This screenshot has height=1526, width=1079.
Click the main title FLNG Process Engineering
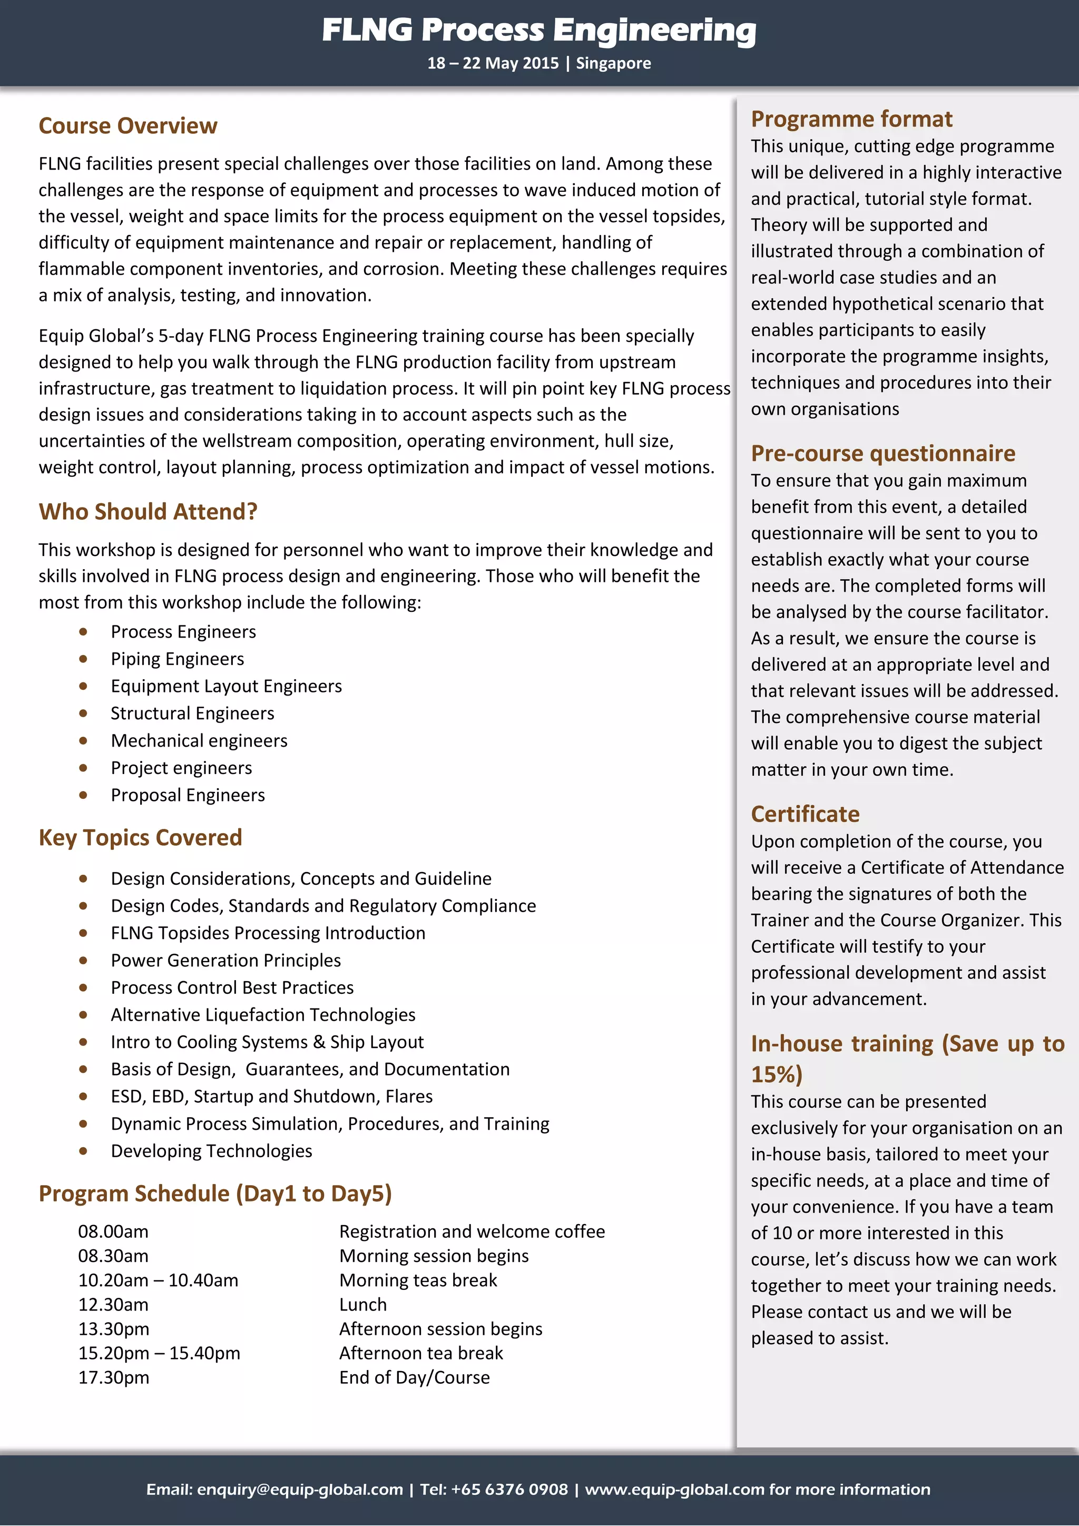(539, 30)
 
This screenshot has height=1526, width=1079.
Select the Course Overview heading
(127, 125)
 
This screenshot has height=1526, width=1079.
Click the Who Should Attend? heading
(148, 511)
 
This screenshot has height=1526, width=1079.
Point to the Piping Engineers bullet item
(178, 659)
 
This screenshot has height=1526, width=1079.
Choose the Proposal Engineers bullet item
(188, 795)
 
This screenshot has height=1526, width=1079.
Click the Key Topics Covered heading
(140, 837)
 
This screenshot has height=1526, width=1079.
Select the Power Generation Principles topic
(225, 961)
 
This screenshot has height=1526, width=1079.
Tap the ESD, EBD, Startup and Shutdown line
(271, 1096)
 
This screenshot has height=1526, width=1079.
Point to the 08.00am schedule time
(113, 1231)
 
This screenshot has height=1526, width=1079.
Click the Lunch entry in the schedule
(363, 1305)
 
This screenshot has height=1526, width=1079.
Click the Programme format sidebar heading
(851, 119)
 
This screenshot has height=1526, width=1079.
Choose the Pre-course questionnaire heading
(882, 453)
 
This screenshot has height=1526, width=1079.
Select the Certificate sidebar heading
(805, 814)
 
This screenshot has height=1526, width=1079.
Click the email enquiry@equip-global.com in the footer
(300, 1490)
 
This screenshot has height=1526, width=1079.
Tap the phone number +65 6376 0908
(509, 1490)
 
